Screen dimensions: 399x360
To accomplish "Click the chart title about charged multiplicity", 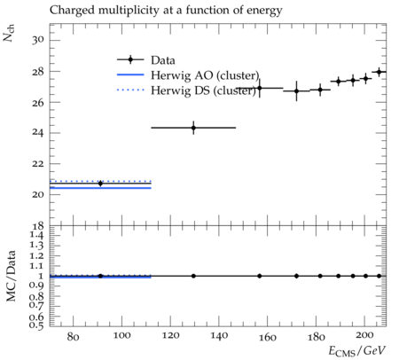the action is tap(166, 11).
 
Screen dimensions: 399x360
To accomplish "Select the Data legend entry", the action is tap(146, 60).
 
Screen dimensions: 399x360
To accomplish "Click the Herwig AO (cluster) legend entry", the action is tap(188, 75).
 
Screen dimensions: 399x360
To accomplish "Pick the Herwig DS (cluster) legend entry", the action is tap(186, 90).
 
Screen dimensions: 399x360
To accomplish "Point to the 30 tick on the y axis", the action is tap(38, 40).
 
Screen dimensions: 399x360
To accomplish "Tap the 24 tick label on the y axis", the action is tap(38, 133).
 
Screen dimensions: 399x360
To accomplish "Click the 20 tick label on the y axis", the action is tap(38, 194).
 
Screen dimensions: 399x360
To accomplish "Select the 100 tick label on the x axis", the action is tap(121, 336).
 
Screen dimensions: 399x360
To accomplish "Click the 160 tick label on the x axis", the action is tap(268, 336).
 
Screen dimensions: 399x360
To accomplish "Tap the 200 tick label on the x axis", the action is tap(364, 335).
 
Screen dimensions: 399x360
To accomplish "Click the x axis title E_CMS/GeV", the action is tap(357, 351).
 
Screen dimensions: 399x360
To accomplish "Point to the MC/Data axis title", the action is tap(11, 276).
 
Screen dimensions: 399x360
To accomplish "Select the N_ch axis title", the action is tap(8, 33).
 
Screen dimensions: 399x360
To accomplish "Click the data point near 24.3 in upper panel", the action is tap(193, 128).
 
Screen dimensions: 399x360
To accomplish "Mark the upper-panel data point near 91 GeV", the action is tap(100, 184).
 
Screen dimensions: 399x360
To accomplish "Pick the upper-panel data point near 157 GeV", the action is tap(260, 88).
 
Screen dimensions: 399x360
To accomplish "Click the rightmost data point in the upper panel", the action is tap(379, 72).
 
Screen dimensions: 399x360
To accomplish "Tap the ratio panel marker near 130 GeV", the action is tap(193, 276).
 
